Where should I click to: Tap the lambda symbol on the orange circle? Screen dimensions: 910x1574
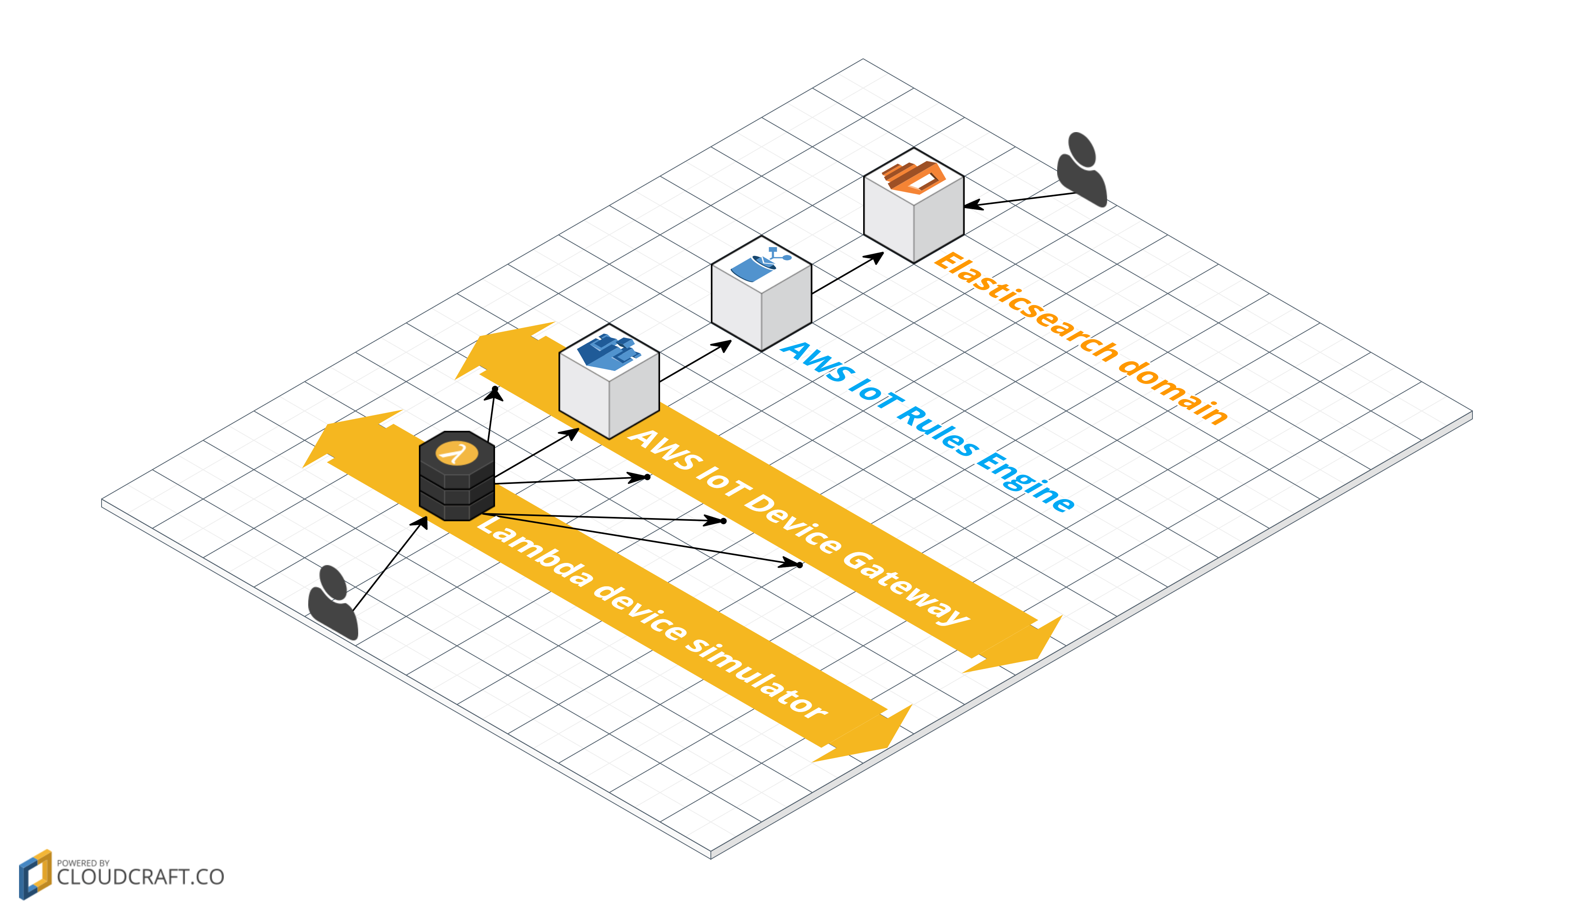pyautogui.click(x=457, y=452)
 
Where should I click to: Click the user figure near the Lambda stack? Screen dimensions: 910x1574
pyautogui.click(x=333, y=603)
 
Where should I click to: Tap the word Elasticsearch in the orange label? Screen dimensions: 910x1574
pyautogui.click(x=1024, y=306)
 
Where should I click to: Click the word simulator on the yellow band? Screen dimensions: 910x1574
pyautogui.click(x=756, y=678)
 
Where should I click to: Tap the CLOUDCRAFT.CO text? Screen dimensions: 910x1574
pyautogui.click(x=140, y=877)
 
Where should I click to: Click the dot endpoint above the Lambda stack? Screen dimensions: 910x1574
pyautogui.click(x=495, y=389)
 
